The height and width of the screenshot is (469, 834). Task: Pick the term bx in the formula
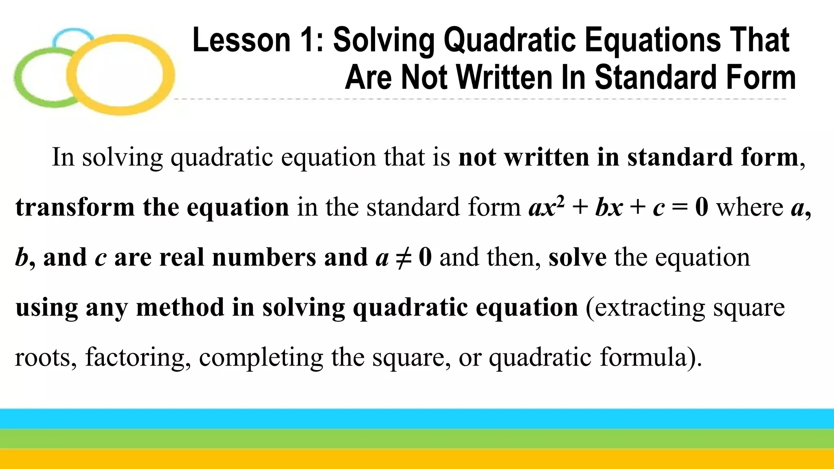coord(609,207)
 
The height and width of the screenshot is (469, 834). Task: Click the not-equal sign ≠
coord(403,257)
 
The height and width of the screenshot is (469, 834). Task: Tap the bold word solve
coord(577,257)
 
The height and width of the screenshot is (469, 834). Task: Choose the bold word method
coord(180,307)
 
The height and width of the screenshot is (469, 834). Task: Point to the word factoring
coord(138,357)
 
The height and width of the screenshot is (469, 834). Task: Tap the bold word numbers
coord(264,257)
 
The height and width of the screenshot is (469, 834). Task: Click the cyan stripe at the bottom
coord(417,419)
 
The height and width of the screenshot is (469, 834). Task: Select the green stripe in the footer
coord(417,439)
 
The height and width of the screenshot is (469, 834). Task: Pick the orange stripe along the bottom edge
coord(417,459)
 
